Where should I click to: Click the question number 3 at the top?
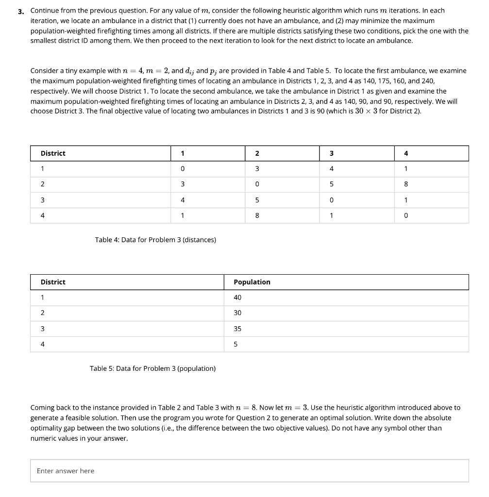pos(21,11)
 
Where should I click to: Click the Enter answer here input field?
pos(249,470)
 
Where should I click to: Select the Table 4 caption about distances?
pos(156,239)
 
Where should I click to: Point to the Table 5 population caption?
pos(153,368)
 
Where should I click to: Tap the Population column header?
pos(252,282)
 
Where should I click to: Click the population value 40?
pos(237,298)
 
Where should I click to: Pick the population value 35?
pos(237,329)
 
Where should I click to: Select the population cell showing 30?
pos(237,313)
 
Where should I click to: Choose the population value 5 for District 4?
pos(236,344)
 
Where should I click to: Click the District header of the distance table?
pos(53,153)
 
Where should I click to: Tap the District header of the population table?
pos(53,282)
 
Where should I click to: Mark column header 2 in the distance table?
pos(257,153)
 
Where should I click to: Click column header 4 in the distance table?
pos(406,153)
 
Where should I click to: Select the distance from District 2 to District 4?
pos(406,184)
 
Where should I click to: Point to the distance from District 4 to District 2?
pos(257,215)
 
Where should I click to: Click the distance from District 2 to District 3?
pos(331,184)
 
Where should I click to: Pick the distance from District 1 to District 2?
pos(257,169)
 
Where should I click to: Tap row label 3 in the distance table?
pos(42,200)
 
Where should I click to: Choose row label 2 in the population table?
pos(42,313)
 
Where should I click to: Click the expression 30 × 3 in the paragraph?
pos(369,111)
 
